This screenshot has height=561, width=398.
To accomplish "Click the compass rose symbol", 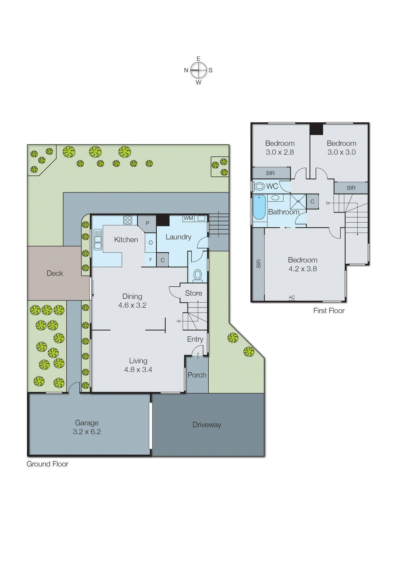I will click(x=198, y=70).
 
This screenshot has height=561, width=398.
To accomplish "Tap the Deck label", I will click(x=55, y=273).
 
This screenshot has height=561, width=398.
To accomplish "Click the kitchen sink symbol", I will click(x=98, y=239).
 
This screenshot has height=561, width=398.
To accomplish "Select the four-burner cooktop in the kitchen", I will click(x=128, y=220).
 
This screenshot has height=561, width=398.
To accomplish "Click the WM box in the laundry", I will click(x=188, y=218).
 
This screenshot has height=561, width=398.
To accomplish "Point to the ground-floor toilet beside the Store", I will click(x=197, y=275).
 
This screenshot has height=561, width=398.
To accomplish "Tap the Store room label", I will click(x=194, y=293).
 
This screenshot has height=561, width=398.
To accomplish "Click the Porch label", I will click(x=197, y=375).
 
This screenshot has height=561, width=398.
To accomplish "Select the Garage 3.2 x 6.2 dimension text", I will click(x=86, y=432).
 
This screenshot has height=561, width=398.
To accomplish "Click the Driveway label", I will click(x=207, y=425).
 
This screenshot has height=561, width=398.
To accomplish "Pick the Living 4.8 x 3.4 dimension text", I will click(x=138, y=370).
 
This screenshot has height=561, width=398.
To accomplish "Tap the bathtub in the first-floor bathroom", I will click(x=259, y=207).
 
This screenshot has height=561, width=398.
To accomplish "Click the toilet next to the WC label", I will click(x=260, y=186).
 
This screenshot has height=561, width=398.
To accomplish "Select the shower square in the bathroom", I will click(x=298, y=202).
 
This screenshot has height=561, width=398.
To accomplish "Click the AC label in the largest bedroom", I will click(x=292, y=297).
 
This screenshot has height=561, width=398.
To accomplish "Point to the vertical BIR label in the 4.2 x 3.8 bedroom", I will click(x=259, y=264).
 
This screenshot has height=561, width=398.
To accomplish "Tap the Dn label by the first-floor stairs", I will click(x=328, y=203).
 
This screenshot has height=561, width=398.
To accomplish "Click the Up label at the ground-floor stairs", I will click(x=178, y=321).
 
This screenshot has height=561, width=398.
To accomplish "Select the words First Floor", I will click(x=329, y=311).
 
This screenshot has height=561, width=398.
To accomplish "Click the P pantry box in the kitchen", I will click(x=148, y=223).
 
